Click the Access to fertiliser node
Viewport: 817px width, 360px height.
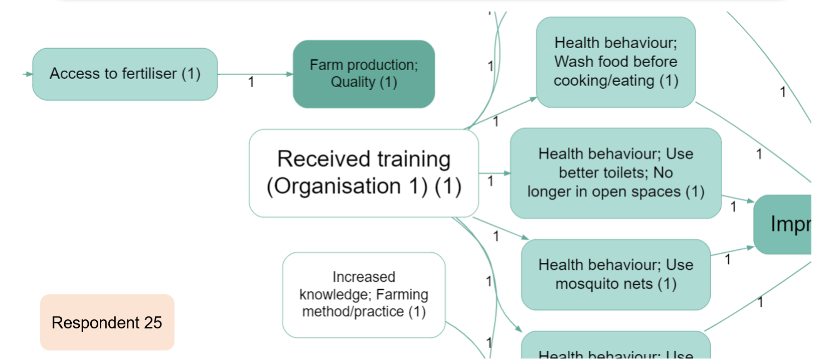125,74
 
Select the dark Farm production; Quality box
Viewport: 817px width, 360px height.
364,74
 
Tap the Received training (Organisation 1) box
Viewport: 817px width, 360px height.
364,173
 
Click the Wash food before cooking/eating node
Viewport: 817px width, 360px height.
615,62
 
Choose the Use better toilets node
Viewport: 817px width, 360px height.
615,173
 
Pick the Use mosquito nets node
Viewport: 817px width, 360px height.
615,274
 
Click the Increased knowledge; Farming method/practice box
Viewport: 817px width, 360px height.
364,294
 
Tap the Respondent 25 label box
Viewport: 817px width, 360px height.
107,322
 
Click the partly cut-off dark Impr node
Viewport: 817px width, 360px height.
785,224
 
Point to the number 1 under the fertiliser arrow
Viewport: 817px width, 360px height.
251,82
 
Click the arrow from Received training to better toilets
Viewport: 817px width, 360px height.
494,173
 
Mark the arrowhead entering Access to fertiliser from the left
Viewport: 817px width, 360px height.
29,74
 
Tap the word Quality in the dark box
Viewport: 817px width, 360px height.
353,82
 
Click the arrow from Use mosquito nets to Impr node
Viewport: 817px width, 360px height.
732,251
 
